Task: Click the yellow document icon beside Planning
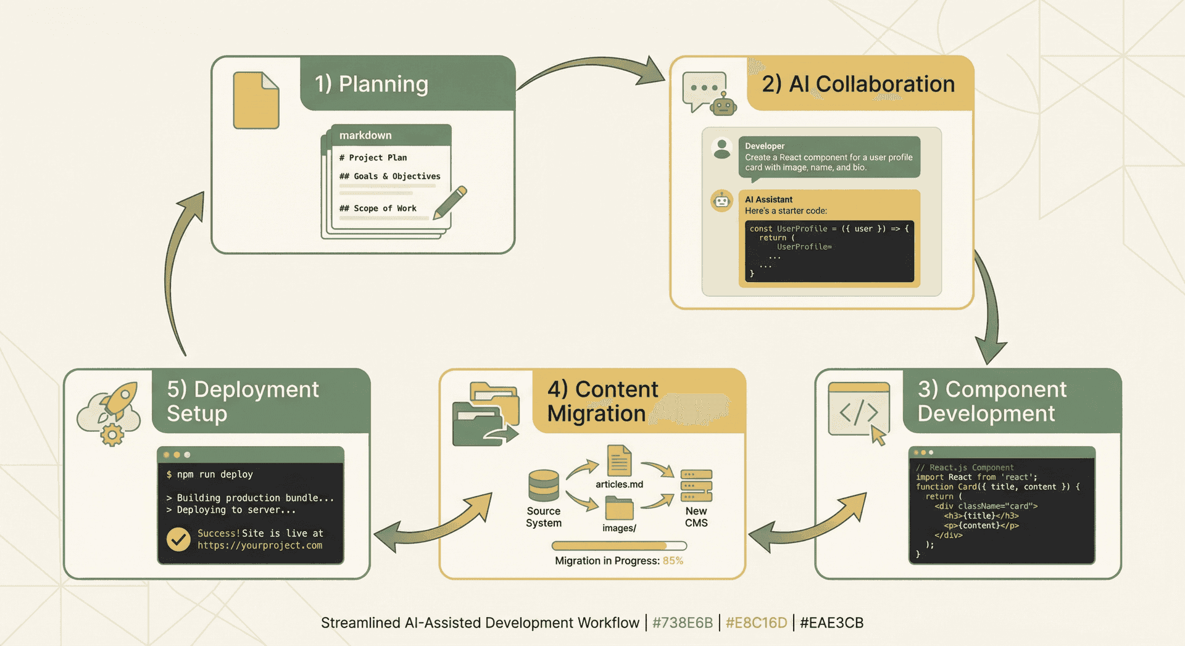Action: [x=256, y=101]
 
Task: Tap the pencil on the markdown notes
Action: [x=451, y=202]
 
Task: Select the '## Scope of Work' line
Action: [x=378, y=209]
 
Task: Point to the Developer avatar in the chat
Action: [x=721, y=149]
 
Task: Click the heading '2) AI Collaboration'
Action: [x=858, y=84]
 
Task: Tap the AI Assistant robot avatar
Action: [x=721, y=201]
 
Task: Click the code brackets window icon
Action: [x=859, y=411]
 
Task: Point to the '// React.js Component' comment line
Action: [x=965, y=468]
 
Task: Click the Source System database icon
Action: [x=544, y=486]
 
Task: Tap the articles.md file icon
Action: [x=619, y=460]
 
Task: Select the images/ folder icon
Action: [x=619, y=508]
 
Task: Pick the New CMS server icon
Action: [x=696, y=486]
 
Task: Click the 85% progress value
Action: [x=673, y=561]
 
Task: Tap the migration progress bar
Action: [x=619, y=545]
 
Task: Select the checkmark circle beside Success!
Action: [x=178, y=539]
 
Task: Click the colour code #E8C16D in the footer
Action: [x=756, y=623]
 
